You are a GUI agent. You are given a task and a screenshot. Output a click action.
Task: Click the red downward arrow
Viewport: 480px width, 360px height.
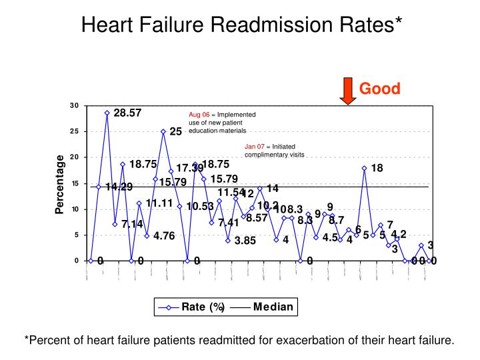[x=347, y=91]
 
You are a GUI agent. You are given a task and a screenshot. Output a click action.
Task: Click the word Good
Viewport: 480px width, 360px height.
[x=380, y=89]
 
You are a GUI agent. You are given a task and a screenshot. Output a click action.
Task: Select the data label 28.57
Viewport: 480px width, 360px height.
[x=127, y=113]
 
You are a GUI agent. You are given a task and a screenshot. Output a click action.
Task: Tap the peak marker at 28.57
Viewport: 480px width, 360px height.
[x=107, y=113]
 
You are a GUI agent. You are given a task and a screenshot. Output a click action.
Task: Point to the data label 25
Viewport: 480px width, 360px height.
[x=175, y=132]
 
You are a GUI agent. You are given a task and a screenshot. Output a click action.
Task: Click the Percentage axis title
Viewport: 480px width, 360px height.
[x=60, y=185]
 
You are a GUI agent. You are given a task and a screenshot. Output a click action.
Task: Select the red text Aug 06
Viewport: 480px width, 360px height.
[x=199, y=114]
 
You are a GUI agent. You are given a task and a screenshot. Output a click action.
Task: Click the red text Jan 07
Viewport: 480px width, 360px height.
[x=255, y=146]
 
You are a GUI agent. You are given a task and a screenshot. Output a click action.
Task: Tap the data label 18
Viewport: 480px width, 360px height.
[x=377, y=168]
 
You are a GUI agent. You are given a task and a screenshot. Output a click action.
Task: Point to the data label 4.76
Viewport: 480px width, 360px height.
[x=164, y=235]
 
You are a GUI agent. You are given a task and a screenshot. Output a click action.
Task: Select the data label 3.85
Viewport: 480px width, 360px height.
[x=245, y=241]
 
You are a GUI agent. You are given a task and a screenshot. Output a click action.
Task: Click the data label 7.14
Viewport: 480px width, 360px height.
[x=132, y=225]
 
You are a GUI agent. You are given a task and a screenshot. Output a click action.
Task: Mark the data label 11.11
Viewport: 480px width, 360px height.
[x=159, y=203]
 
